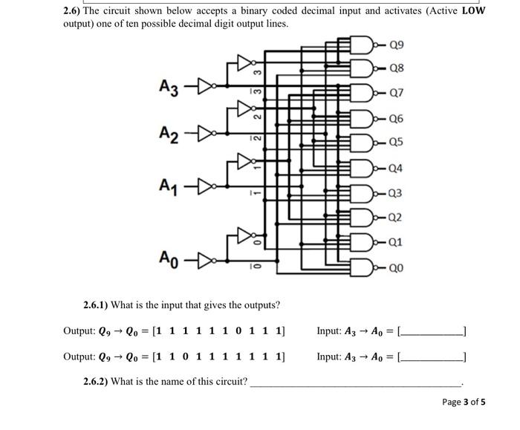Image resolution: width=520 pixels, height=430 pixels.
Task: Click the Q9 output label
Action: click(397, 45)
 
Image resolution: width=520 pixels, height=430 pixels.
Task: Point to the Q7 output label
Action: click(397, 94)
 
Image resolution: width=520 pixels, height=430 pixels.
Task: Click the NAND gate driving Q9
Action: click(365, 45)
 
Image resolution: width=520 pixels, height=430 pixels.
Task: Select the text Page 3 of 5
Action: click(464, 402)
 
